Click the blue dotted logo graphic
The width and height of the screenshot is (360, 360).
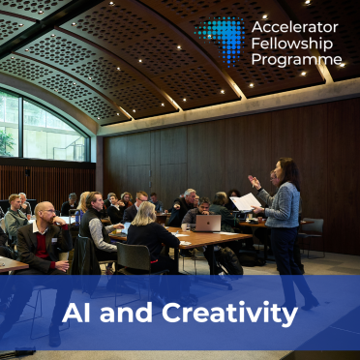pyautogui.click(x=222, y=38)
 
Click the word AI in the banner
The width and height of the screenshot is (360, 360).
pyautogui.click(x=76, y=313)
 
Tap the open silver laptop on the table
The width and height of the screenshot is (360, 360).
pyautogui.click(x=208, y=224)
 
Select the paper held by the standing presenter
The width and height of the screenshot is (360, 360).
pyautogui.click(x=246, y=201)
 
